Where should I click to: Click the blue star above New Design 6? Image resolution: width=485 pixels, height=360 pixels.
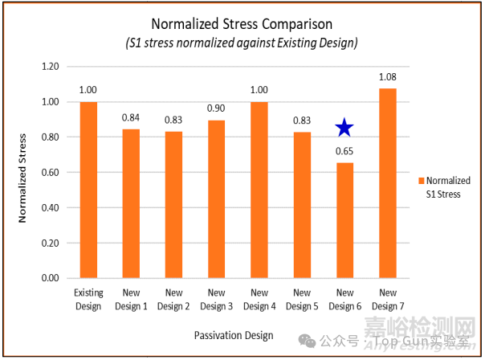click(x=344, y=127)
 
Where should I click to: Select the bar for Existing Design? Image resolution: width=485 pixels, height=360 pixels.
click(x=88, y=190)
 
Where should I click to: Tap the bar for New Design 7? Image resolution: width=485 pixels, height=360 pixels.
click(x=387, y=183)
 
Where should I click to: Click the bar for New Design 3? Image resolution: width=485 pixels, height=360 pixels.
click(x=216, y=198)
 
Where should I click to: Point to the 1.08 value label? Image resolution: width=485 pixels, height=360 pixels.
click(x=387, y=77)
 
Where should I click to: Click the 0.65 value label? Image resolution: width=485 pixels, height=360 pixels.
click(x=344, y=150)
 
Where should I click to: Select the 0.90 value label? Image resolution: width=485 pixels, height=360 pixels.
click(x=216, y=108)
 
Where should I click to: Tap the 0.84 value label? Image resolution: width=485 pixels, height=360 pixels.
click(x=131, y=117)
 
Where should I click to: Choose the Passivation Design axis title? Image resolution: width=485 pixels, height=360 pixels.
click(x=232, y=334)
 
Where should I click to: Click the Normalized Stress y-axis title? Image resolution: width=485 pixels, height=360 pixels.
click(x=23, y=174)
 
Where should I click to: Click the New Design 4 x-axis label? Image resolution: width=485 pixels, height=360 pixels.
click(x=259, y=300)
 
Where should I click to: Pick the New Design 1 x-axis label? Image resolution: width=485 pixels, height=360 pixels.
click(x=131, y=300)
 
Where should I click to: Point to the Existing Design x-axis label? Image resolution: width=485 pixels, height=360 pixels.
click(x=88, y=300)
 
